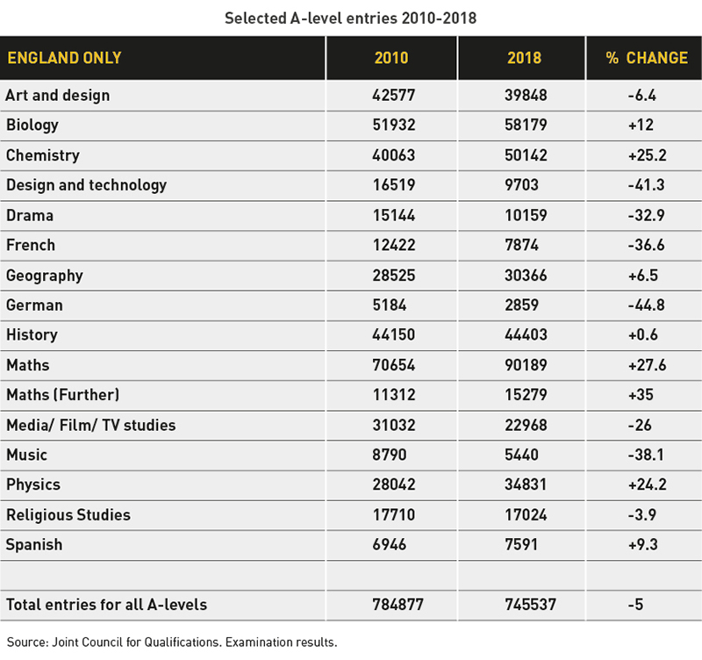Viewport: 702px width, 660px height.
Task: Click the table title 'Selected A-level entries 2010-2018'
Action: point(350,18)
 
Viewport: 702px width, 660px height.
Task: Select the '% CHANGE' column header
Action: point(647,58)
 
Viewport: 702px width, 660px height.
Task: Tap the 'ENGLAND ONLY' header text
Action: point(64,58)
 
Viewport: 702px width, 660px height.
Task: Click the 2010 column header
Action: point(391,58)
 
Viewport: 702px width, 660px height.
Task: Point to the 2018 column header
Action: point(524,58)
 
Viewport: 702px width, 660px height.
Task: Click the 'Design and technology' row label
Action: point(86,185)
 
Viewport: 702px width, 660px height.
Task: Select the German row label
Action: point(34,305)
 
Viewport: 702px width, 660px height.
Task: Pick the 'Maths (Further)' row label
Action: point(63,395)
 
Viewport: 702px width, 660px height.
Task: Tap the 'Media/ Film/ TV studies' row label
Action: point(91,425)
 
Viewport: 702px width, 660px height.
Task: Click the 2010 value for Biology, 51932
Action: point(394,125)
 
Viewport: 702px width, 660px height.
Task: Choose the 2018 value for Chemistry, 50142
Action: point(526,155)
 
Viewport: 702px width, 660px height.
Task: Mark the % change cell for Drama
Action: point(646,215)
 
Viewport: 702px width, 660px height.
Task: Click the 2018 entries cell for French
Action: point(521,245)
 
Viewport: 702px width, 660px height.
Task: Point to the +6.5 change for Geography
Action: point(643,276)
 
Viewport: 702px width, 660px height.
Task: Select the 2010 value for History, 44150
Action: point(393,335)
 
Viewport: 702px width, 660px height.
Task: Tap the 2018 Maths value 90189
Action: point(526,365)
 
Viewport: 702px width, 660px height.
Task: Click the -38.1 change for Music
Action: point(646,455)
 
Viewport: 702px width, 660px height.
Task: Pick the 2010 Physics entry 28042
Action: point(394,484)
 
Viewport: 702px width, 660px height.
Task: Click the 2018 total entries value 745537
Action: point(531,605)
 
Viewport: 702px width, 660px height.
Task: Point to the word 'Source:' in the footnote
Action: point(28,642)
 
